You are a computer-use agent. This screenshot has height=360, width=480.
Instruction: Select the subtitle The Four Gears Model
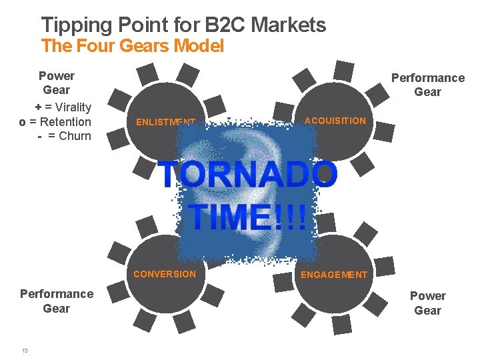(132, 46)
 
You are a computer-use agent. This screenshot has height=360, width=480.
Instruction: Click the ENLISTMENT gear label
(165, 122)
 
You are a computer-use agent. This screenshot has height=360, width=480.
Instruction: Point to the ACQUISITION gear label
(335, 121)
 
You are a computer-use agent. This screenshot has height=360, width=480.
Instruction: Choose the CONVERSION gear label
(165, 274)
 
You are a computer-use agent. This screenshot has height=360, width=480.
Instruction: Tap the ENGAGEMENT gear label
(334, 275)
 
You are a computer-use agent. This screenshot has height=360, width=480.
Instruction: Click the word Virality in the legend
(74, 107)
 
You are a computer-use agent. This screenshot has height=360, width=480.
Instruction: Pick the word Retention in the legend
(65, 121)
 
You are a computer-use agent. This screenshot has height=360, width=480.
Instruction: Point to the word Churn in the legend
(75, 136)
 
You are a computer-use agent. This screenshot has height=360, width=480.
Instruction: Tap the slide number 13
(25, 351)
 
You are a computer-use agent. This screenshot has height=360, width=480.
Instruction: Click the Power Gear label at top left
(56, 83)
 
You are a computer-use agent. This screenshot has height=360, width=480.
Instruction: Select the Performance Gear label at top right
(427, 85)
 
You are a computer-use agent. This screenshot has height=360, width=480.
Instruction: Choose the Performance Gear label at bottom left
(56, 301)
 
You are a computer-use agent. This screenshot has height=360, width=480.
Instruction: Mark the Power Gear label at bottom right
(427, 303)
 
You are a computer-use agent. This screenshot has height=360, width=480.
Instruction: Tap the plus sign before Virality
(39, 107)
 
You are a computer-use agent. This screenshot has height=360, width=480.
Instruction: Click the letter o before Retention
(23, 121)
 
